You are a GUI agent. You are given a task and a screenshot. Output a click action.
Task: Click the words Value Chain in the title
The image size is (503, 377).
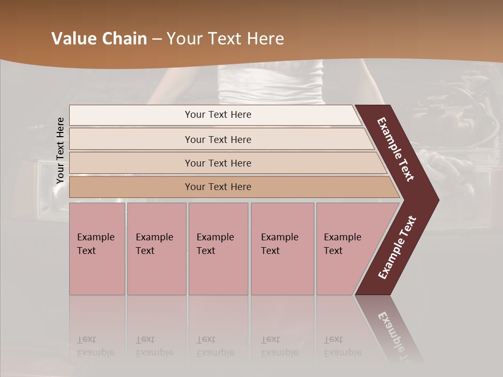pos(99,39)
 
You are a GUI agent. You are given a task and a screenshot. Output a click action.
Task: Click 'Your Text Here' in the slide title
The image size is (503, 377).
pos(225,39)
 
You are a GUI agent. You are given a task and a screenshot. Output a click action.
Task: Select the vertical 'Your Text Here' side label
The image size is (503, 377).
pos(60,150)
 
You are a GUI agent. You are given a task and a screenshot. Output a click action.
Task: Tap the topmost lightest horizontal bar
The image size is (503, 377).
pos(218,115)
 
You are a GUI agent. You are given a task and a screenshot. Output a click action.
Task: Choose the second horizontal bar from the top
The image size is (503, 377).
pos(218,139)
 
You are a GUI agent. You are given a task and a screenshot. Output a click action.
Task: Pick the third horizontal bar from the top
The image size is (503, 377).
pos(218,163)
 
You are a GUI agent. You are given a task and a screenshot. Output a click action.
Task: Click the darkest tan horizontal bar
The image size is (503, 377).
pos(218,187)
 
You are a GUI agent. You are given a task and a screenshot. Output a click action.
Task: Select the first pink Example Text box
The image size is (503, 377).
pos(97,249)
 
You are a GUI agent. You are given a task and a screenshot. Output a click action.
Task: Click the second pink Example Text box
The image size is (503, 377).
pos(156,249)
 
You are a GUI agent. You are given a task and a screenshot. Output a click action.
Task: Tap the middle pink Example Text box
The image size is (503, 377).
pos(218,249)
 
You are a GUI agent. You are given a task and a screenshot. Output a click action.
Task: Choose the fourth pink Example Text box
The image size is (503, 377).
pos(282,249)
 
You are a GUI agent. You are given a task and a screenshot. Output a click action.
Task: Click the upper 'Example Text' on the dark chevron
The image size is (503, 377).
pos(396,149)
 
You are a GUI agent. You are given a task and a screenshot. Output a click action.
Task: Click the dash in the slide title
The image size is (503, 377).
pos(157,39)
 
